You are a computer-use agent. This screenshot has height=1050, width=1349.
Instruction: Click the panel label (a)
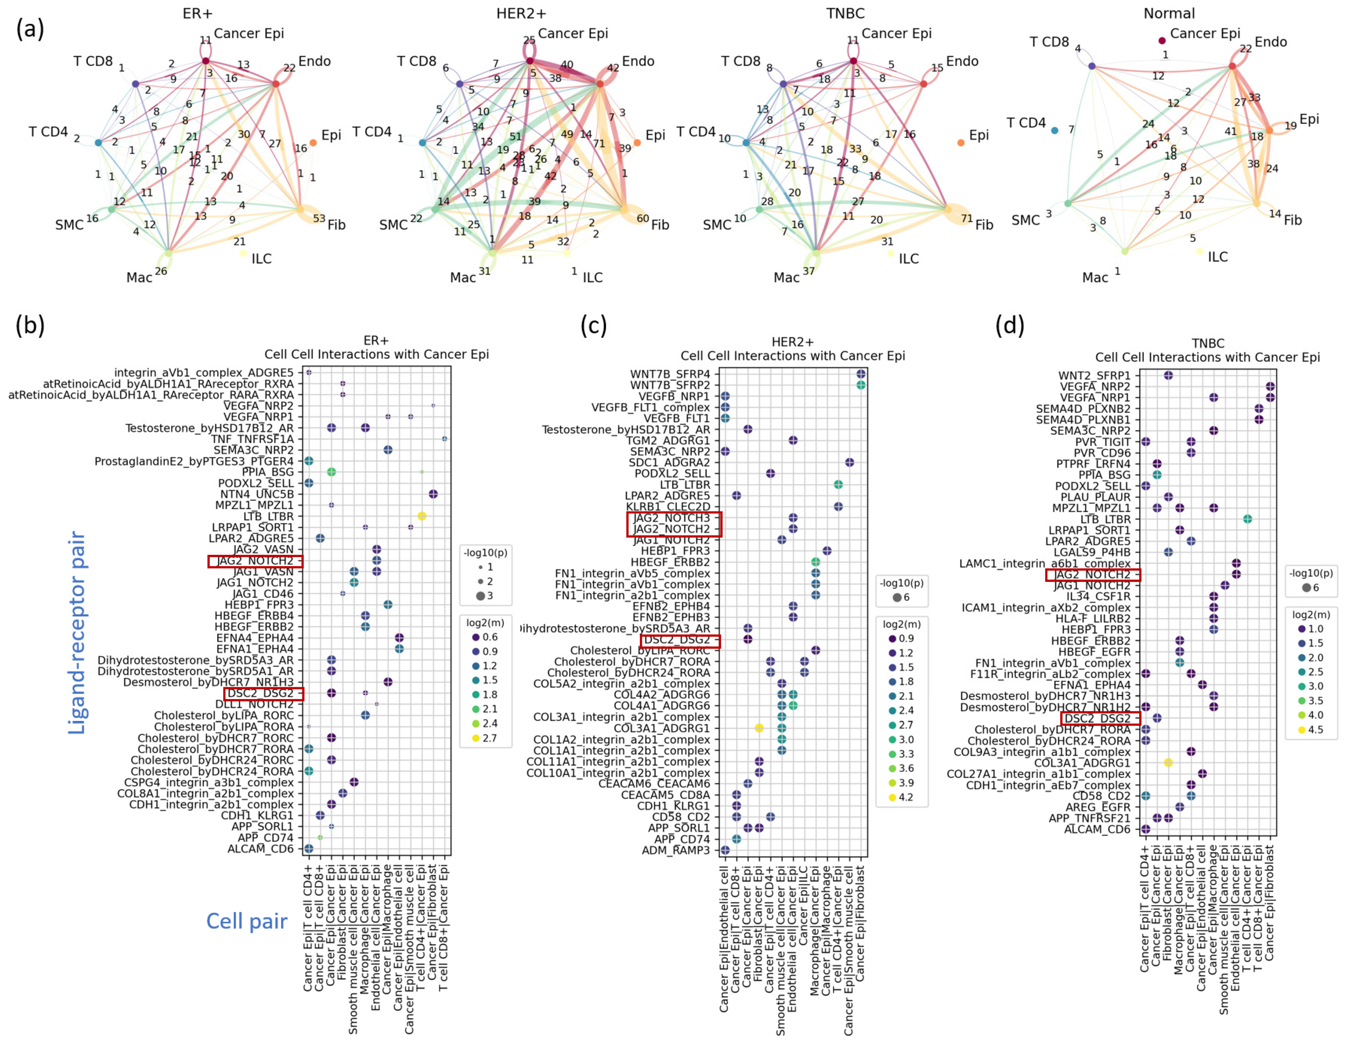click(x=30, y=29)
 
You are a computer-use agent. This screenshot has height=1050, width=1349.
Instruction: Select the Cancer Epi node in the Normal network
click(x=1162, y=41)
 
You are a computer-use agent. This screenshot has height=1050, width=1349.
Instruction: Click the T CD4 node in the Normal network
click(x=1054, y=130)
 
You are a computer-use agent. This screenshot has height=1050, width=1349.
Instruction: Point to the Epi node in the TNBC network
click(x=960, y=143)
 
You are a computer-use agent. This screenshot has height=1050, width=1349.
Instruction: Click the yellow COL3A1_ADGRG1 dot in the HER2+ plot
click(x=759, y=728)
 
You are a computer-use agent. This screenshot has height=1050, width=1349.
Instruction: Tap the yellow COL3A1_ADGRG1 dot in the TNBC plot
click(x=1168, y=762)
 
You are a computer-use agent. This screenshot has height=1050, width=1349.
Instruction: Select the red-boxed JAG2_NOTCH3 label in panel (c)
click(x=673, y=518)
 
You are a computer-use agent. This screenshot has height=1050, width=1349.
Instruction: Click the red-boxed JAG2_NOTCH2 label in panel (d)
click(x=1092, y=575)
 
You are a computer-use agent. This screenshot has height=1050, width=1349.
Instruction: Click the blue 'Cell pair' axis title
click(x=247, y=921)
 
